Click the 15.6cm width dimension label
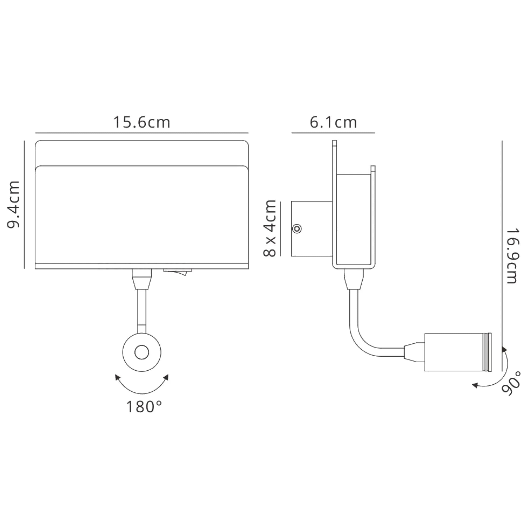[x=142, y=122]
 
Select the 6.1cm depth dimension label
[x=333, y=122]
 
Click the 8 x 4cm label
[x=269, y=228]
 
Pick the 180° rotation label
[x=144, y=407]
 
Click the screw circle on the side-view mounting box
[x=297, y=229]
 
